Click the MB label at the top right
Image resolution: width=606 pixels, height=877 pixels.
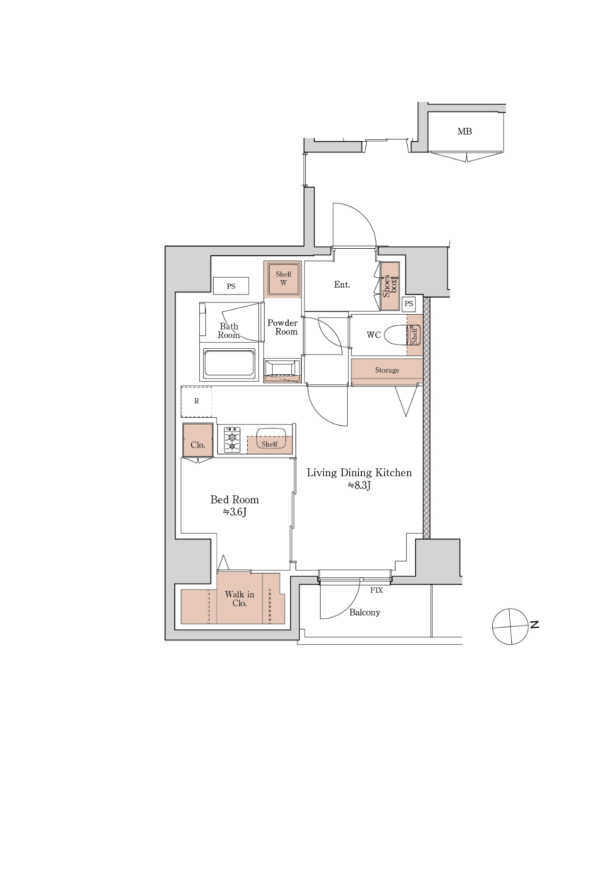coord(464,132)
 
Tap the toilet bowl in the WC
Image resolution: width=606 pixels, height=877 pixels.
coord(398,335)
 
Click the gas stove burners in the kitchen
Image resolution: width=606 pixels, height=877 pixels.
coord(232,440)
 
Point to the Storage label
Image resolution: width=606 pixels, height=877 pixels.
coord(387,370)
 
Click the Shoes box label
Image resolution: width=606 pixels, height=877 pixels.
coord(390,286)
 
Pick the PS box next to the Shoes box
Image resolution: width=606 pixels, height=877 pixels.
coord(408,304)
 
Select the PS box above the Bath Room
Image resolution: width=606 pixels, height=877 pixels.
coord(231,286)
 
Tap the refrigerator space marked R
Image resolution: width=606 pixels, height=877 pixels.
coord(196,402)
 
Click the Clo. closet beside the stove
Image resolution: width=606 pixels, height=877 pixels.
coord(198,440)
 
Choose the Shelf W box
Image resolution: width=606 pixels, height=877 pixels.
coord(283,279)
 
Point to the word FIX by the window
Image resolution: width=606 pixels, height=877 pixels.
coord(376,590)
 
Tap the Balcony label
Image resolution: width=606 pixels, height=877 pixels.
coord(365,612)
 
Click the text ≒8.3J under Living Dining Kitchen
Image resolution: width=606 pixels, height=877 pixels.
coord(359,485)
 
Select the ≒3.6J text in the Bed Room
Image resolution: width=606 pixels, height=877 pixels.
coord(234,512)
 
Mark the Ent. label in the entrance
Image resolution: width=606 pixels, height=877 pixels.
coord(342,285)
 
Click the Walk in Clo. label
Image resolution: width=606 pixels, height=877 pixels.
coord(239,598)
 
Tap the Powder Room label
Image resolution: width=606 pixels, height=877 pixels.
coord(282,327)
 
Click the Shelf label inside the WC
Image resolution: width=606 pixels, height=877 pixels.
coord(414,335)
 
